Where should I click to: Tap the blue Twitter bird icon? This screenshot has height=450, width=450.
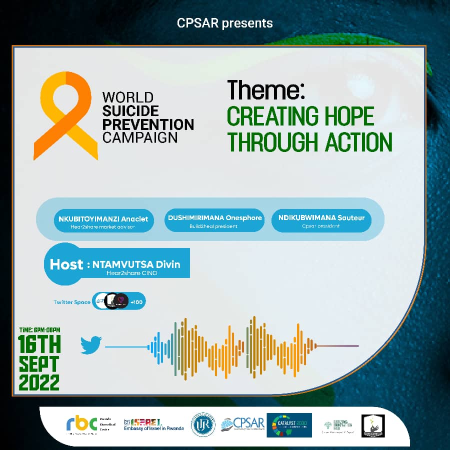[91, 345]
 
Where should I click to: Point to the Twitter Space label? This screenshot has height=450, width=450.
[72, 302]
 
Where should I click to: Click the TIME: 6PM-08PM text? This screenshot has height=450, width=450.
[39, 329]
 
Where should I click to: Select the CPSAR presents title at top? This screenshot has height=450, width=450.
[225, 23]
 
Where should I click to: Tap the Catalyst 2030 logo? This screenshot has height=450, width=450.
[289, 425]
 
